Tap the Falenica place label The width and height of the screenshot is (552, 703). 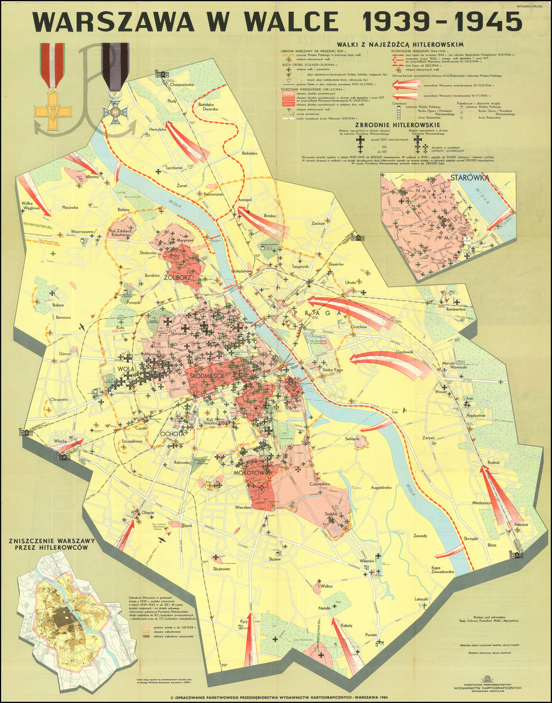pyautogui.click(x=521, y=524)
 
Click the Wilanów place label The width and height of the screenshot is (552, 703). pyautogui.click(x=367, y=561)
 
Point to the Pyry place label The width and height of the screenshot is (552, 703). pyautogui.click(x=244, y=621)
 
